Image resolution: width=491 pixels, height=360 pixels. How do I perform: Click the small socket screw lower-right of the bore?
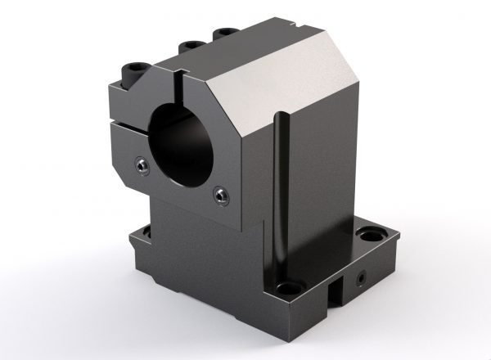pyautogui.click(x=222, y=194)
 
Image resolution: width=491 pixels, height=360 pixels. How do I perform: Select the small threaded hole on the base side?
pyautogui.click(x=360, y=278)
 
